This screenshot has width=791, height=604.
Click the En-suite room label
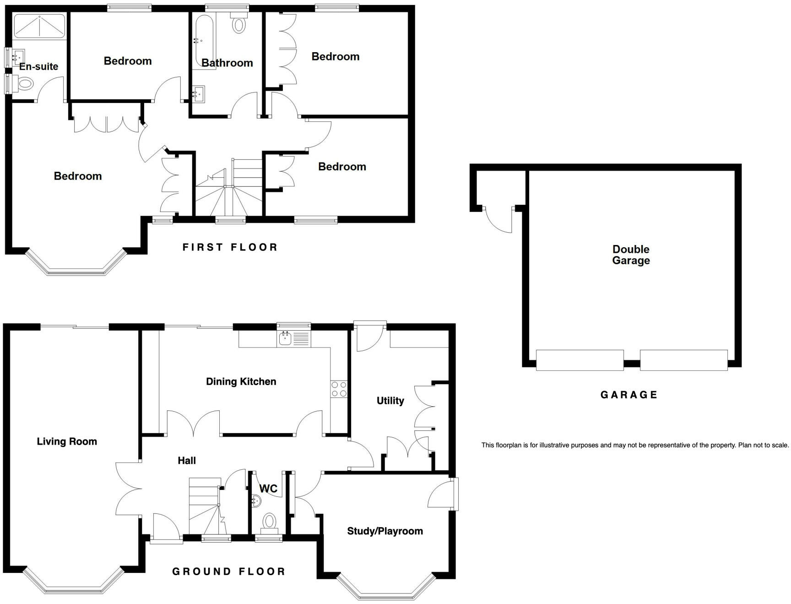39,66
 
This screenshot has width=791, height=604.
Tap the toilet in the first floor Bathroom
238,23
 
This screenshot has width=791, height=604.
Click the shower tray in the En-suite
39,26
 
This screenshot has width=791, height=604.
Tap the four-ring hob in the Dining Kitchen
339,389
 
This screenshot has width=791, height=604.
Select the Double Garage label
631,255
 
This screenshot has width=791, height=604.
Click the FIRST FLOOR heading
230,247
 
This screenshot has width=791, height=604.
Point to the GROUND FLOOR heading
228,571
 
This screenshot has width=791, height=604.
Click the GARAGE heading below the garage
628,395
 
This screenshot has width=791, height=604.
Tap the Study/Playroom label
385,531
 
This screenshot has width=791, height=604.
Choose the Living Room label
67,441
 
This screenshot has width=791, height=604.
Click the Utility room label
390,401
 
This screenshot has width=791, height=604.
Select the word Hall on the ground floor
187,461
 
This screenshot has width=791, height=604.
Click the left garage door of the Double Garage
580,360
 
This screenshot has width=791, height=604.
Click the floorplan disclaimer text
635,445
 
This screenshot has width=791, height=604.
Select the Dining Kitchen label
241,381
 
